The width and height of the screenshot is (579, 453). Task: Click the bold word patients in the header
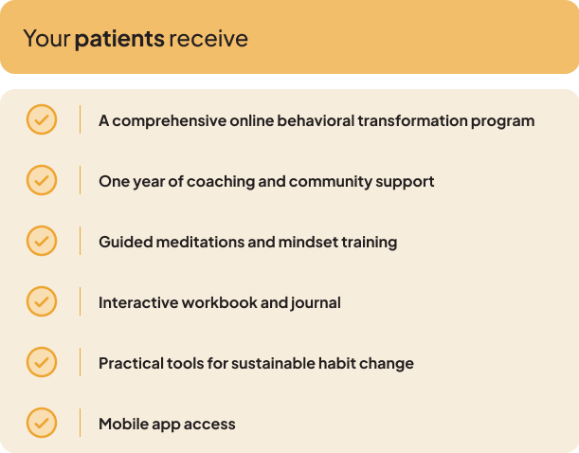point(119,39)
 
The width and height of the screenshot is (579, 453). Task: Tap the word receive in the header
point(208,39)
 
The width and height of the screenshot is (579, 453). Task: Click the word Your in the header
point(46,39)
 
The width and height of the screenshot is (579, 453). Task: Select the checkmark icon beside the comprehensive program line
point(42,119)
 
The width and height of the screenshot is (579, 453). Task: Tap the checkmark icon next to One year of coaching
point(42,180)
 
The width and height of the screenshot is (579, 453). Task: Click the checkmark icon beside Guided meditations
point(42,241)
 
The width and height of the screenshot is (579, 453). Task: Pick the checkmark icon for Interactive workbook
point(42,301)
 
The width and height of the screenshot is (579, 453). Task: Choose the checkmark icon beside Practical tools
point(42,362)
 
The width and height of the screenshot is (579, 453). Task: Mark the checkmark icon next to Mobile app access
point(42,423)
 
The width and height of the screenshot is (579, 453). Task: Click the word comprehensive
point(169,121)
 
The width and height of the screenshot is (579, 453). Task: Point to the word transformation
point(412,121)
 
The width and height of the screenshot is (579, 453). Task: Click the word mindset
point(308,243)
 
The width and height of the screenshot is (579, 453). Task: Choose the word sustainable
point(273,363)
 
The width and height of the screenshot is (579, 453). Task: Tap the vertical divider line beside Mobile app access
point(80,423)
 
